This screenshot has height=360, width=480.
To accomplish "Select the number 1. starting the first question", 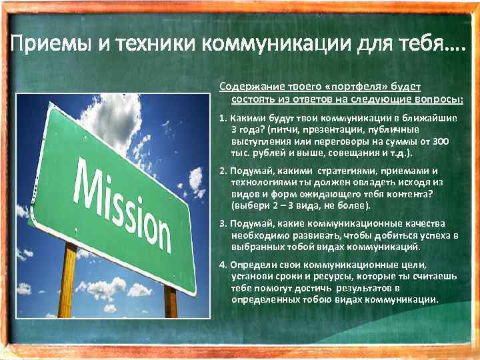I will coord(223,117).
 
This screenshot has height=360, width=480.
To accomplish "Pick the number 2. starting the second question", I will coord(223,171).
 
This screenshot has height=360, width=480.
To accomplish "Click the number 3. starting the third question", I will coord(223,224).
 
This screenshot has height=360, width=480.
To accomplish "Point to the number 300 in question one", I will coord(440,141).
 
